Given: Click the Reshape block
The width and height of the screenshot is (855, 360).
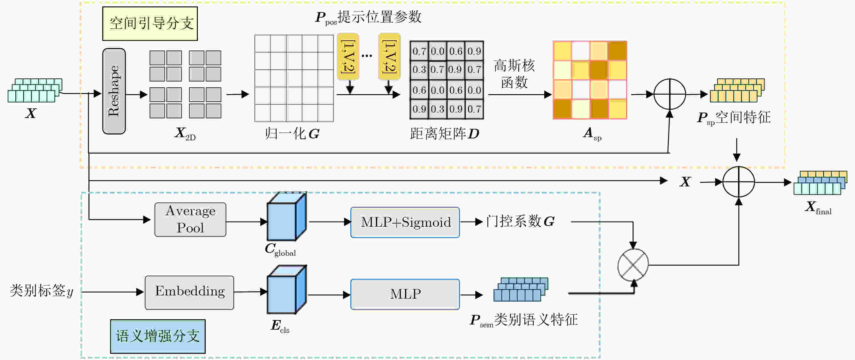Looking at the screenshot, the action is pyautogui.click(x=114, y=91).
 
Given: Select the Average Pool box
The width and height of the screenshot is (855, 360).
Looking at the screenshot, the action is pyautogui.click(x=190, y=220).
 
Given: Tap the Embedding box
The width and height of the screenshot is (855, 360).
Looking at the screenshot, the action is pyautogui.click(x=189, y=293).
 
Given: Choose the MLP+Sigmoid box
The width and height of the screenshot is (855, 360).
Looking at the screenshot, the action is pyautogui.click(x=405, y=222).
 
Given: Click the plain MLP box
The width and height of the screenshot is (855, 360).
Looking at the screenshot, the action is pyautogui.click(x=405, y=294).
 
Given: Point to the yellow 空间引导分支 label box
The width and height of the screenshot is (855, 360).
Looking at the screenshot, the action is pyautogui.click(x=150, y=24).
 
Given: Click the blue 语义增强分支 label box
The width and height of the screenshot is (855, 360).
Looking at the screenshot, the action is pyautogui.click(x=158, y=336).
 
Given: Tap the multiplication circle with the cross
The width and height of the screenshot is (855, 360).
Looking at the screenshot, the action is pyautogui.click(x=633, y=265).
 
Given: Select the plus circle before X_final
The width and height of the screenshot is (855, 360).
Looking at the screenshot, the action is pyautogui.click(x=738, y=182).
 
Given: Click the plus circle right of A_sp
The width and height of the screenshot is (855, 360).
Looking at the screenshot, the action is pyautogui.click(x=669, y=94).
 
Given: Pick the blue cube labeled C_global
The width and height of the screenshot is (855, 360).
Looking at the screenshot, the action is pyautogui.click(x=286, y=216).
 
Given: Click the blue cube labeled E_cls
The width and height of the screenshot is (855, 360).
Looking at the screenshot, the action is pyautogui.click(x=286, y=290).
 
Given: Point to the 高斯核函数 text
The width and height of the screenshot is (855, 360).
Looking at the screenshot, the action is pyautogui.click(x=514, y=74).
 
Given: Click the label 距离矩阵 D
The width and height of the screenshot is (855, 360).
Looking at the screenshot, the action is pyautogui.click(x=444, y=134).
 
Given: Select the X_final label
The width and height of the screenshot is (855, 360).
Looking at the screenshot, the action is pyautogui.click(x=818, y=207).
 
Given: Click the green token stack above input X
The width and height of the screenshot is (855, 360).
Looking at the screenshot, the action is pyautogui.click(x=35, y=90).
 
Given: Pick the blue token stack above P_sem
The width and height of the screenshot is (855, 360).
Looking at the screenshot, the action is pyautogui.click(x=521, y=290).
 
